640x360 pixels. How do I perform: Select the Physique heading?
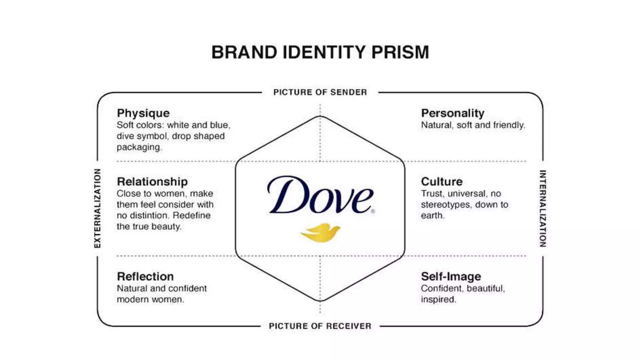tap(143, 113)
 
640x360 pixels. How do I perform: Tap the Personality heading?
tap(452, 113)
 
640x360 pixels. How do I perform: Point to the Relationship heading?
tap(152, 182)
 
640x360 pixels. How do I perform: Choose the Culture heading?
tap(442, 182)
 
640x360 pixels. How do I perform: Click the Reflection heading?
tap(145, 277)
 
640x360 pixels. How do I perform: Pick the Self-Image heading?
tap(451, 277)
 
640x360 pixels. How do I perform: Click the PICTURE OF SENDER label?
tap(320, 92)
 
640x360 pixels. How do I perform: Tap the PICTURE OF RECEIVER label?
tap(320, 326)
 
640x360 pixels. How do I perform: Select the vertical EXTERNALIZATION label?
tap(98, 208)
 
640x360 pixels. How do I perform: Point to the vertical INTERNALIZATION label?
tap(543, 208)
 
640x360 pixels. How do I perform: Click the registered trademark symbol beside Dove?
tap(373, 212)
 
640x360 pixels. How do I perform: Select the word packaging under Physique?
tap(139, 147)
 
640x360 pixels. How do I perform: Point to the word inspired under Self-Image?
tap(438, 299)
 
